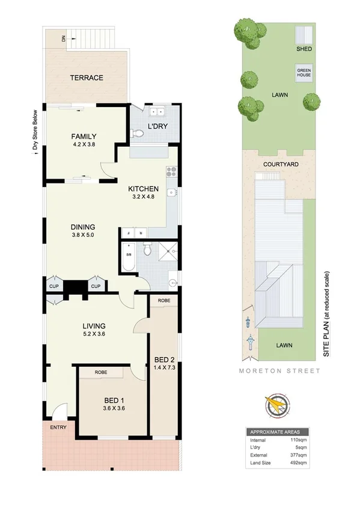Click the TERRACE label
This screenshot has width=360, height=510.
coord(87,78)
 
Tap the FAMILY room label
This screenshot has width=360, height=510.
coord(84,136)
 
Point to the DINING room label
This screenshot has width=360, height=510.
coord(84,227)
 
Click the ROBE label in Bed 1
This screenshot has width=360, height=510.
coord(101,373)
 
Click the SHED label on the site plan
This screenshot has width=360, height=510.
coord(304,49)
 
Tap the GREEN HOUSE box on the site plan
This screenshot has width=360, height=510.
coord(304,73)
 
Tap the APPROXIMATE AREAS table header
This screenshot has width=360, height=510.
coord(277,432)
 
